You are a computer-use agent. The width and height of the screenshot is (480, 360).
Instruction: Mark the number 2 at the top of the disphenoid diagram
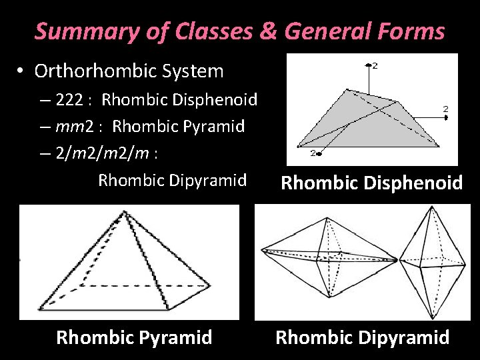click(375, 65)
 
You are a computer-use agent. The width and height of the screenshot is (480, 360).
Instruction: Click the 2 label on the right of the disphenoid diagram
click(445, 108)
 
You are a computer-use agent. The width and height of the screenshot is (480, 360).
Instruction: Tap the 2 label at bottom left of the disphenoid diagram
click(313, 153)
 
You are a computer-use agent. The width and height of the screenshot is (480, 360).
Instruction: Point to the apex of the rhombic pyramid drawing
click(124, 213)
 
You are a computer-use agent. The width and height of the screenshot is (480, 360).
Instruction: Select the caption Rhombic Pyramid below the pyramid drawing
click(134, 337)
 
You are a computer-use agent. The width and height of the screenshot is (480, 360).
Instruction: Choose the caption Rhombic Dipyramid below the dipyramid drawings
click(363, 337)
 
